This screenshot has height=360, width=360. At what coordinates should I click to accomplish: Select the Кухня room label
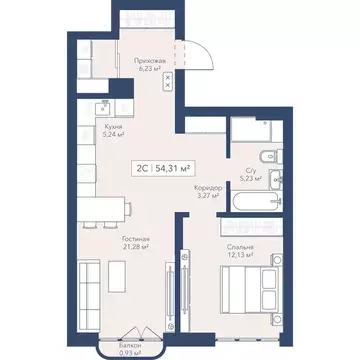pyautogui.click(x=113, y=128)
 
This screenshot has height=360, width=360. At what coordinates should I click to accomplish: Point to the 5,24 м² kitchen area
pyautogui.click(x=113, y=137)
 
